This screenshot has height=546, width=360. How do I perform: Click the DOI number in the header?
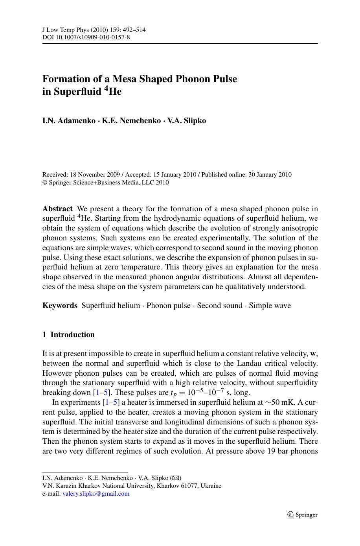(93, 38)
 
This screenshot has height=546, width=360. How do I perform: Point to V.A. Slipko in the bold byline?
(186, 120)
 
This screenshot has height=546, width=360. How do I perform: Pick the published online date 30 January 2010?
(270, 175)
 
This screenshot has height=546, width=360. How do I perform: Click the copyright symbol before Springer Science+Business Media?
(44, 183)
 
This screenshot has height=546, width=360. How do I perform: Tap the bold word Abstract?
(57, 209)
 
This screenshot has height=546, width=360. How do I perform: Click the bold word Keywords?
(60, 306)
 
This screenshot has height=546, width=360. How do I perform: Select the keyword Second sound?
(220, 306)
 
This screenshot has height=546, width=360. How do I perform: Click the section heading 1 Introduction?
(68, 335)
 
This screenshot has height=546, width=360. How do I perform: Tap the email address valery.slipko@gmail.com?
(96, 494)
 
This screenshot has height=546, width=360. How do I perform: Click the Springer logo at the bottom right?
(302, 515)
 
